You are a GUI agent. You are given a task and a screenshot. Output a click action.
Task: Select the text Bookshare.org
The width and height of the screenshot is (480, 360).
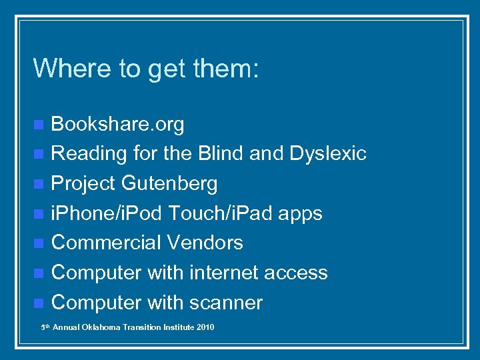(117, 124)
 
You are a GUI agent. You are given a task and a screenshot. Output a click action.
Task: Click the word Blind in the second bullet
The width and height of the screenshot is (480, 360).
(221, 153)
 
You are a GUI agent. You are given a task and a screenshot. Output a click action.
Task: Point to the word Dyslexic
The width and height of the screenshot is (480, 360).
(328, 153)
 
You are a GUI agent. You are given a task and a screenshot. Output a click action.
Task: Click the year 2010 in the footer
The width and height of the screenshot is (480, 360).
(205, 327)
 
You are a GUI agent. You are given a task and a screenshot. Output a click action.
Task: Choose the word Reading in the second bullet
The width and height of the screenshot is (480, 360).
(89, 153)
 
